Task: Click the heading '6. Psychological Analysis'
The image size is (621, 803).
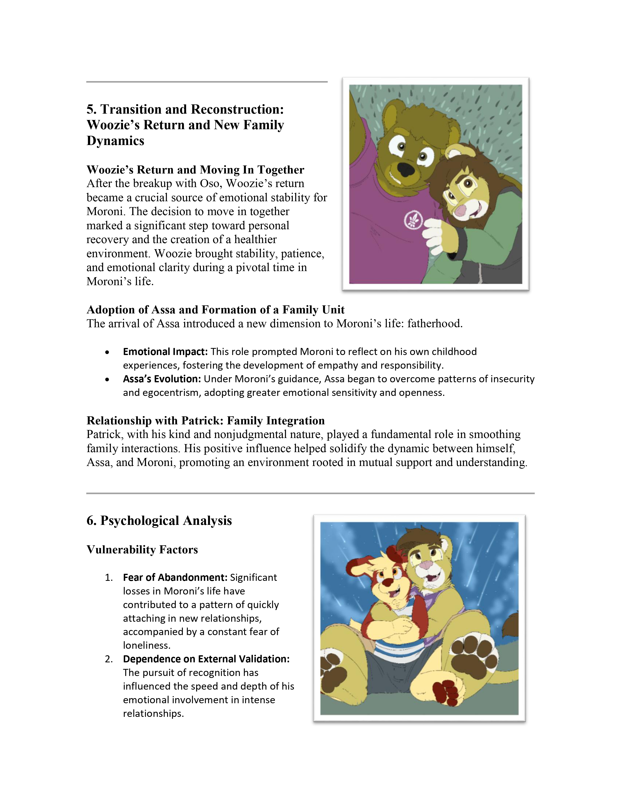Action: click(159, 521)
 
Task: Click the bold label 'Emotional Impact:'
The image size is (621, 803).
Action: click(165, 352)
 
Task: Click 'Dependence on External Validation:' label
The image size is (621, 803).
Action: click(206, 659)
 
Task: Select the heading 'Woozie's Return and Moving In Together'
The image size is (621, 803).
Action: click(195, 170)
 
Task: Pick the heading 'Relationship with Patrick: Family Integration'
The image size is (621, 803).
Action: click(205, 421)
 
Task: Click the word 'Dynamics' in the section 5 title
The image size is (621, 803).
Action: click(115, 141)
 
